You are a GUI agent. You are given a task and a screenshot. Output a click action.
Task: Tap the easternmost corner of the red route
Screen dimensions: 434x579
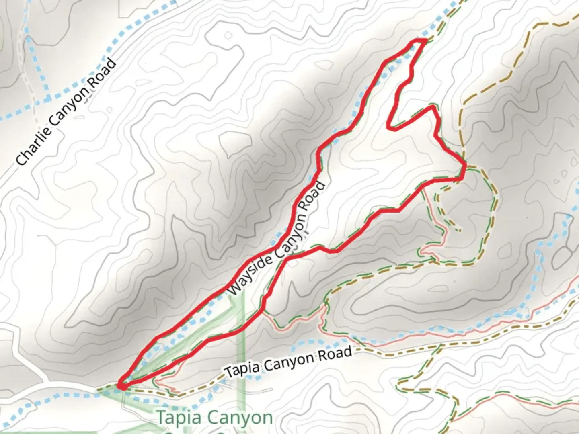[465, 165]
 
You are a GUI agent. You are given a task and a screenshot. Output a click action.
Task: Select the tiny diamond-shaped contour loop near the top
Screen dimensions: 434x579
[228, 36]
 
